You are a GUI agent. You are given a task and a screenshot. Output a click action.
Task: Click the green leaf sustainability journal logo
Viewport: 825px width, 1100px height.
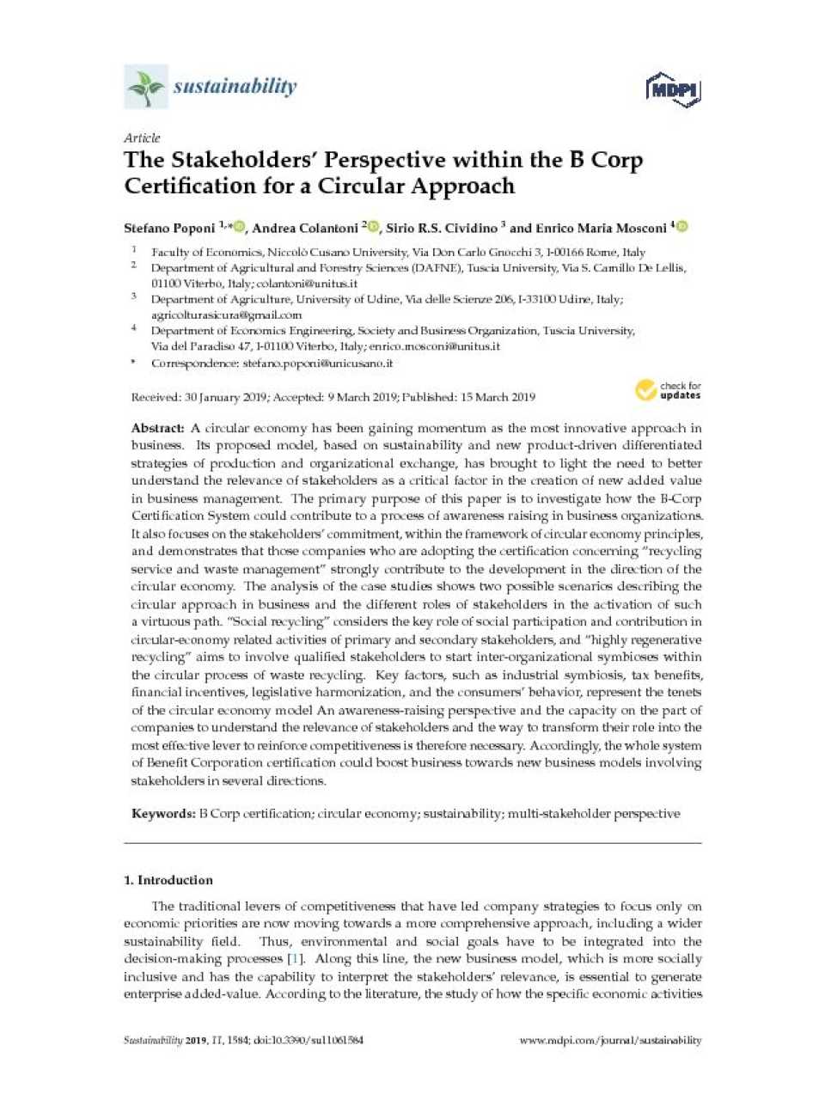(x=146, y=87)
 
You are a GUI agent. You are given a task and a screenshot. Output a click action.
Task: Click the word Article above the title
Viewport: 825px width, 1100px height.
(x=142, y=137)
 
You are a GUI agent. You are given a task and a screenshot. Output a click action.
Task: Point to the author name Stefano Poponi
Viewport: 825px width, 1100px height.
(x=169, y=228)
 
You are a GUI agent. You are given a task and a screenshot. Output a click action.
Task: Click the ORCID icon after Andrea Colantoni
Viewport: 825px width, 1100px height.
(x=373, y=227)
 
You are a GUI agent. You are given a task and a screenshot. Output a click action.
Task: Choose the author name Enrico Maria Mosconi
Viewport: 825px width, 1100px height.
(x=601, y=228)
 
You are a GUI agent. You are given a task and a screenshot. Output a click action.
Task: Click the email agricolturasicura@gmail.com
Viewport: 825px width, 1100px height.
(x=226, y=315)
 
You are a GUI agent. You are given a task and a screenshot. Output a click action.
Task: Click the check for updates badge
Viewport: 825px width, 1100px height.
(x=668, y=390)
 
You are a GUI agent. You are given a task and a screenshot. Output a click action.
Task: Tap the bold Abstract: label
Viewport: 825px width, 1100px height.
(x=158, y=428)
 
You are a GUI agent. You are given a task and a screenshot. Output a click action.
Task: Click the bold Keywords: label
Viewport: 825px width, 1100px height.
(x=163, y=813)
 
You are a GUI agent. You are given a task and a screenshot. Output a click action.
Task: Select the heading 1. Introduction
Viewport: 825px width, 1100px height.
(x=168, y=880)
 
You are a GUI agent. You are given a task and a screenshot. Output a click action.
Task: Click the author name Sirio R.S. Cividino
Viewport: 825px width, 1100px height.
(x=442, y=228)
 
